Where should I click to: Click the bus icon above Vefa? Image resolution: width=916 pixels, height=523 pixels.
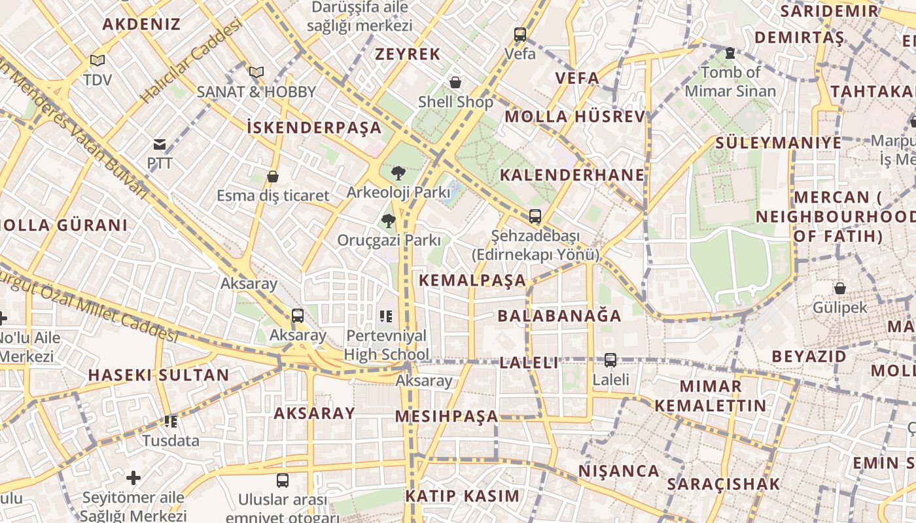click(x=520, y=35)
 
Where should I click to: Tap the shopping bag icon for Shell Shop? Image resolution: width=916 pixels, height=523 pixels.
click(x=455, y=82)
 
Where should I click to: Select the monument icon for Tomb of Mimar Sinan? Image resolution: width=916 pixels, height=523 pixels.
click(x=730, y=53)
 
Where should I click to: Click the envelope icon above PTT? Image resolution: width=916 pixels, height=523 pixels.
click(x=160, y=144)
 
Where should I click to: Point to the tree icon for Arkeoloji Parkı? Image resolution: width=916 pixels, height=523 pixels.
click(x=398, y=173)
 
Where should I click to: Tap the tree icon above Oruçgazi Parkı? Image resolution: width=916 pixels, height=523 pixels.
click(x=389, y=221)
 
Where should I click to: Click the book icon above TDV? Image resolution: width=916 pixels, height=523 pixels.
click(x=97, y=61)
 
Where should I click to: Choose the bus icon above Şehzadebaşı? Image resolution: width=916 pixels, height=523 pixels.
click(x=535, y=216)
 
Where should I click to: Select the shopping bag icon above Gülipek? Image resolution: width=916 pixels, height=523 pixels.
click(x=840, y=288)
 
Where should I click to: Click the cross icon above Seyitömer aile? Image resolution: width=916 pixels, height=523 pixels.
click(x=133, y=478)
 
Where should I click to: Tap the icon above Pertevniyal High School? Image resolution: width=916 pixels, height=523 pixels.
click(x=386, y=317)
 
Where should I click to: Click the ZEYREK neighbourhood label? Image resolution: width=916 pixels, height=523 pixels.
click(x=408, y=54)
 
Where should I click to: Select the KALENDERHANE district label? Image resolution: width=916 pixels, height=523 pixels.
click(x=572, y=175)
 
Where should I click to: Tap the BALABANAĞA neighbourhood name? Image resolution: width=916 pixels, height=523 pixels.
click(x=559, y=316)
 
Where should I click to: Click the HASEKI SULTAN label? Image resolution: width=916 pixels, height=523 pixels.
click(x=158, y=375)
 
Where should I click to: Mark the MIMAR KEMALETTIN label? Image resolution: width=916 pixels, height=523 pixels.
click(x=711, y=396)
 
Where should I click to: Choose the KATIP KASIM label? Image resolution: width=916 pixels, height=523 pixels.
click(x=462, y=496)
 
